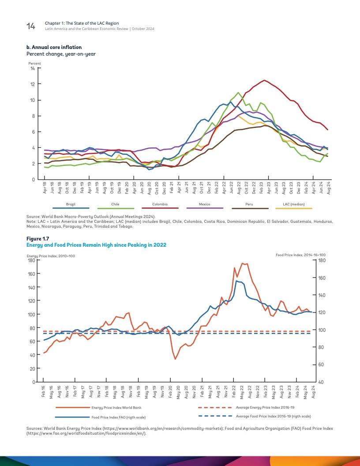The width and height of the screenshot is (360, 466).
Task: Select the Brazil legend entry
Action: pos(71,205)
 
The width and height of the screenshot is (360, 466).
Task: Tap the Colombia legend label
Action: pos(159,205)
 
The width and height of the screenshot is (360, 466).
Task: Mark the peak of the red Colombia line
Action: pos(264,80)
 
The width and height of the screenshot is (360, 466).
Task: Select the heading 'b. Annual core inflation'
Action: pos(54,47)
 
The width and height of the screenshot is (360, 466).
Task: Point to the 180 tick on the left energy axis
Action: pos(31,260)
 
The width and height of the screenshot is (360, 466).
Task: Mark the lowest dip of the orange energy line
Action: pos(175,359)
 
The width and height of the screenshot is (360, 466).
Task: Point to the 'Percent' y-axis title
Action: pos(35,64)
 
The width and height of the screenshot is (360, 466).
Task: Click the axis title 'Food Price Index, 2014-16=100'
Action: pos(300,255)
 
